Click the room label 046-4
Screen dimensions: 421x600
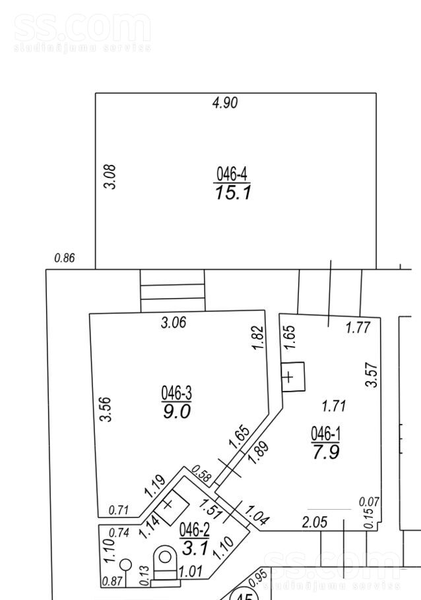click(x=232, y=174)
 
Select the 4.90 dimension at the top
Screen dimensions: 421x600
click(x=224, y=102)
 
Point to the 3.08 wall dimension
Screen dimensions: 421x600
click(x=112, y=177)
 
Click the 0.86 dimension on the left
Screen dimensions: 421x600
click(x=64, y=258)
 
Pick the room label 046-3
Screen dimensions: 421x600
click(x=176, y=394)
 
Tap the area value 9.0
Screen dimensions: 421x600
click(x=176, y=411)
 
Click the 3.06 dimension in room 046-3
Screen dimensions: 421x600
click(x=174, y=322)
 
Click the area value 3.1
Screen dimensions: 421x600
click(x=195, y=547)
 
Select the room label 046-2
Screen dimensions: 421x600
click(x=195, y=529)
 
